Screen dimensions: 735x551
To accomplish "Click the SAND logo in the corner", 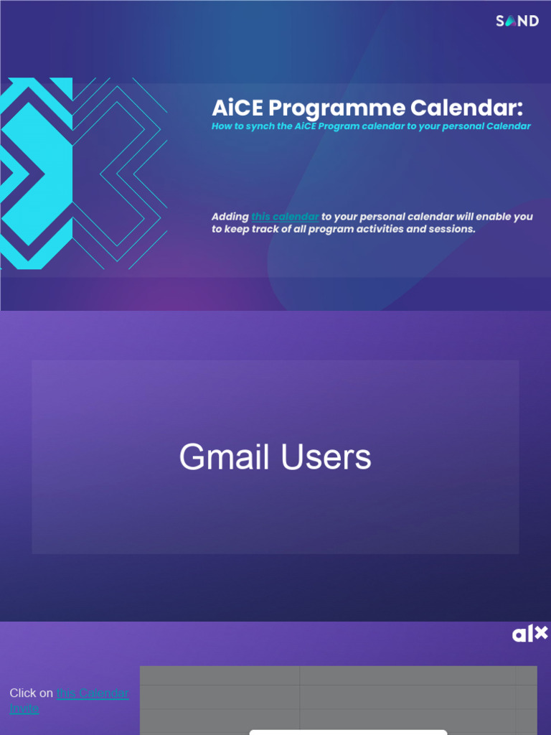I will (517, 21).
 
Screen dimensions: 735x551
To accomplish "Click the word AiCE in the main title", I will (237, 108).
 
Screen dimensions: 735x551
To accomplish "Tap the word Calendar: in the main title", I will (466, 108).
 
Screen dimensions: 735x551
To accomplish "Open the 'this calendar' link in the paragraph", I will (285, 217).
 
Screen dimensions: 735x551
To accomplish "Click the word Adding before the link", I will (230, 217).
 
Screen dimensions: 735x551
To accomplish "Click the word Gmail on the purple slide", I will (225, 457).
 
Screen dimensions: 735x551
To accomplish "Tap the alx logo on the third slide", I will (529, 634).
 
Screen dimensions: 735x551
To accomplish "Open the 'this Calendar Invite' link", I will (92, 693).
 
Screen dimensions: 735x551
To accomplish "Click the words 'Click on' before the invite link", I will (31, 693).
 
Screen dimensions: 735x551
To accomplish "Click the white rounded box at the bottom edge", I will (348, 731).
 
